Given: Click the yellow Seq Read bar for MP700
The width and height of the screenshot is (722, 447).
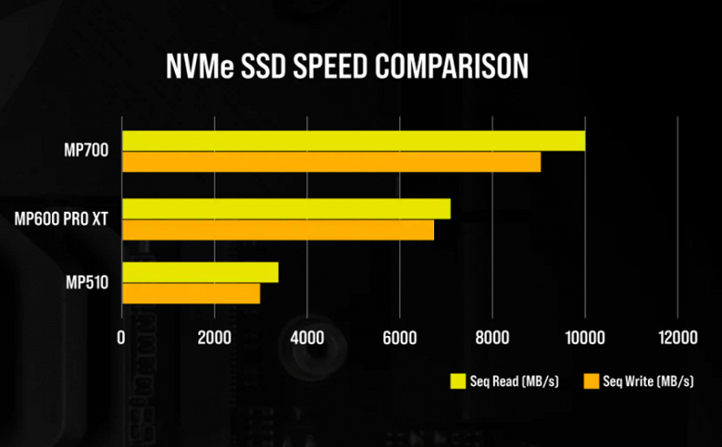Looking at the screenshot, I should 353,141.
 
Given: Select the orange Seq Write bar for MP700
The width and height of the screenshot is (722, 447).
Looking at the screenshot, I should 330,162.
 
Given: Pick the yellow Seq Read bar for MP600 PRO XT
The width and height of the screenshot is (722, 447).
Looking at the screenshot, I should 286,208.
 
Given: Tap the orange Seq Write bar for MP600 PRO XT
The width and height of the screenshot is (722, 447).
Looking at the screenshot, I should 278,230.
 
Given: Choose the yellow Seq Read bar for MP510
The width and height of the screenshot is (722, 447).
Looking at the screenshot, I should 200,272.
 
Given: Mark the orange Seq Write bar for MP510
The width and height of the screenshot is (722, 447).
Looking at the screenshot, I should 191,293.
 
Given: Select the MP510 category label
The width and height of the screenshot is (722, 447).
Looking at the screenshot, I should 89,282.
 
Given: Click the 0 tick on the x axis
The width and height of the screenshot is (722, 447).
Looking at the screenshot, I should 121,340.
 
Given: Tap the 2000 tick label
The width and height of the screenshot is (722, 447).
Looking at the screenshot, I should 214,340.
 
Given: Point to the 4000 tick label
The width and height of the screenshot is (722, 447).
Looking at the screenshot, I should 306,340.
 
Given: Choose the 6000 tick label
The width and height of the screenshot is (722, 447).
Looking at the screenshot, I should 399,340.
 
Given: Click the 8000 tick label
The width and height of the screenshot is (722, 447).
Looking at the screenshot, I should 492,340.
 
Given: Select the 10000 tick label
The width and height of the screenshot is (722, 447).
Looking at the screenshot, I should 584,340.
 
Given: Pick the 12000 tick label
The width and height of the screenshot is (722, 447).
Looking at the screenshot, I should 676,340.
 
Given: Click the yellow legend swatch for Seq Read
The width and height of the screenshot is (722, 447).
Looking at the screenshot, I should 457,381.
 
